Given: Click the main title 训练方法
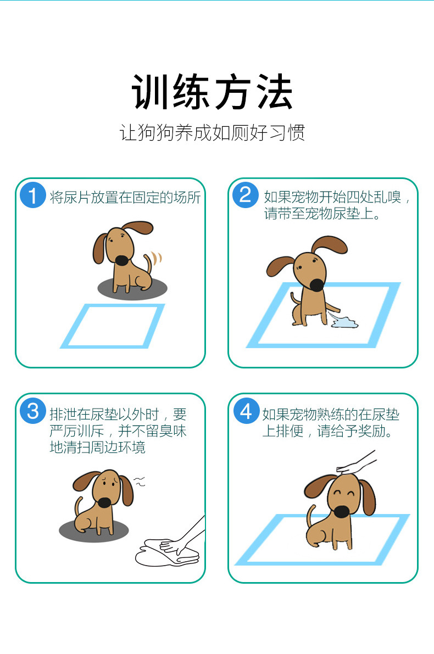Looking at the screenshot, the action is (212, 92).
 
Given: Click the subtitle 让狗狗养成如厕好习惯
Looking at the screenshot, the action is (212, 133).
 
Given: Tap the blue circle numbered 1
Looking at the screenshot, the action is (32, 195).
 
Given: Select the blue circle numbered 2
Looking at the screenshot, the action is (246, 195).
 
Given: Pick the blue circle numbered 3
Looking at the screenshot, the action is (32, 411).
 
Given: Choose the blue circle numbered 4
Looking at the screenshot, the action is (246, 411).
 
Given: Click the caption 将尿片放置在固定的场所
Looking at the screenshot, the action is (125, 197).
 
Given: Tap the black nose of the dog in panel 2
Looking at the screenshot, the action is (317, 285).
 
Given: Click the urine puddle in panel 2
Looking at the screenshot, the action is (344, 322).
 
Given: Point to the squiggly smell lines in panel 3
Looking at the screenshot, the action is (140, 482).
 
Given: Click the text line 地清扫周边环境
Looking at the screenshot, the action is (97, 448).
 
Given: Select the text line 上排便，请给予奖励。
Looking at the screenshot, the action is (327, 431).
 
